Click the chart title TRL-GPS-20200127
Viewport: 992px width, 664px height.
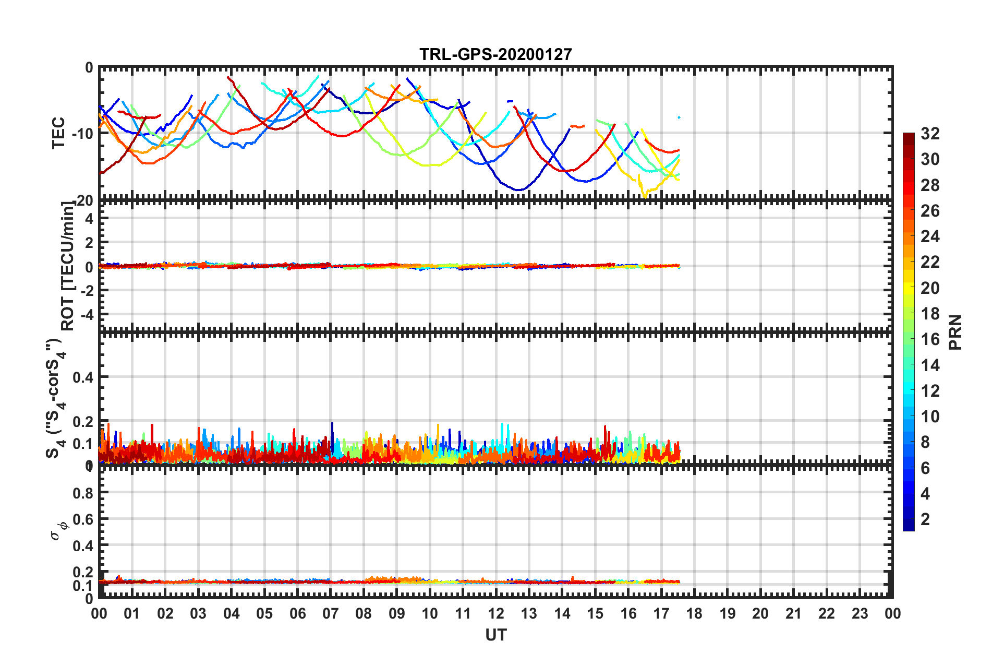click(495, 54)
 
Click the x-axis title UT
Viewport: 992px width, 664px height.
click(495, 635)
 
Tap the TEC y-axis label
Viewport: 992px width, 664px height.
click(58, 133)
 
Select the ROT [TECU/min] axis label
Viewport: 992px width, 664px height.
click(67, 266)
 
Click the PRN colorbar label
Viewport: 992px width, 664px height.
click(955, 332)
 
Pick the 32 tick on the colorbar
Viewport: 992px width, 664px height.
click(930, 134)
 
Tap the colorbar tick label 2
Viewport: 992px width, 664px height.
click(925, 519)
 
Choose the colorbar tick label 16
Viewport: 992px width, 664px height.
click(930, 339)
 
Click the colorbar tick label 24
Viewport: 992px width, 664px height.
click(930, 236)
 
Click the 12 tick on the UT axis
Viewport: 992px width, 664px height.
click(495, 613)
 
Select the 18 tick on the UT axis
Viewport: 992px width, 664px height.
click(694, 613)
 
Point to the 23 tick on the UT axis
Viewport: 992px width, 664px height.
click(860, 613)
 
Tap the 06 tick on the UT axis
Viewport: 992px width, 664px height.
click(297, 613)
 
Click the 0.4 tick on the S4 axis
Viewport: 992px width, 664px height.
click(83, 377)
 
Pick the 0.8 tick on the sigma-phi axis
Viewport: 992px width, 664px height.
click(83, 493)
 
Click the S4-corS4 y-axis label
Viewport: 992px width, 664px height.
click(54, 398)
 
